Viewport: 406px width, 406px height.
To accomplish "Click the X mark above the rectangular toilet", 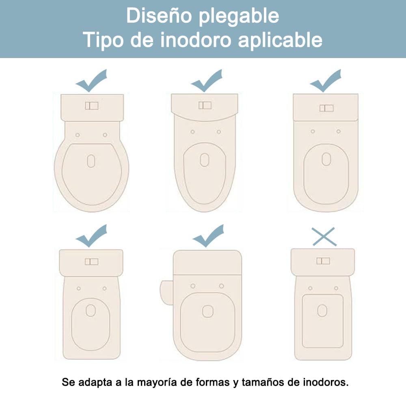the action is pyautogui.click(x=324, y=237).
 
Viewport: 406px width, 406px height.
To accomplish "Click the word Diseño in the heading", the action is pyautogui.click(x=159, y=16).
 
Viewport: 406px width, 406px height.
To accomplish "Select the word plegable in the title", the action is pyautogui.click(x=239, y=17).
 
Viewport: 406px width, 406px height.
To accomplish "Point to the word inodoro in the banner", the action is pyautogui.click(x=196, y=40).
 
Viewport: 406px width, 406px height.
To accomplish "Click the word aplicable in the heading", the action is pyautogui.click(x=280, y=41).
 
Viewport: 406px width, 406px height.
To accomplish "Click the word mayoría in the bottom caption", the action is pyautogui.click(x=157, y=382).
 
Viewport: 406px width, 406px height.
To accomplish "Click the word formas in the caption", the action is pyautogui.click(x=213, y=382).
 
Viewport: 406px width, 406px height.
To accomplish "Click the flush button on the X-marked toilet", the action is pyautogui.click(x=323, y=261).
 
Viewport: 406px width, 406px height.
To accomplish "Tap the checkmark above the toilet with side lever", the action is pyautogui.click(x=208, y=236).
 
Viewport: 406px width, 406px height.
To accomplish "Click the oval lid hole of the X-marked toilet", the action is pyautogui.click(x=322, y=311).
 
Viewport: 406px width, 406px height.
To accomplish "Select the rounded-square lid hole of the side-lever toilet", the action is pyautogui.click(x=207, y=311).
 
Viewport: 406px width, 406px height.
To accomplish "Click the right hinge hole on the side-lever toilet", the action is pyautogui.click(x=221, y=286).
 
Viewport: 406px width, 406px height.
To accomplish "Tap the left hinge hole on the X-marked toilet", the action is pyautogui.click(x=310, y=288).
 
